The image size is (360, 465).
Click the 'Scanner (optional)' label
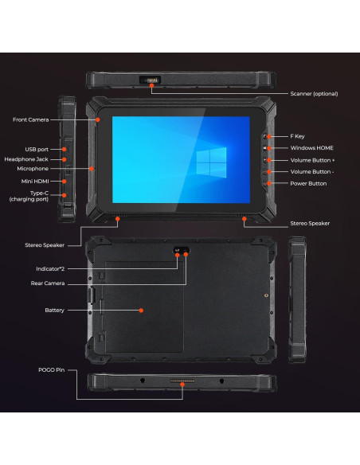coord(314,93)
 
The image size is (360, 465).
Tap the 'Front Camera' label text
coord(31,119)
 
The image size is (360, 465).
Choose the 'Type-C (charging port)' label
coord(29,196)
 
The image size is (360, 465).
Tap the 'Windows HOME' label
coord(311,148)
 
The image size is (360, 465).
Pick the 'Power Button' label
coord(308,183)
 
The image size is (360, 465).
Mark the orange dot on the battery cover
coord(142,310)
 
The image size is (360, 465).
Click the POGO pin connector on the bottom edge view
coord(182,385)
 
